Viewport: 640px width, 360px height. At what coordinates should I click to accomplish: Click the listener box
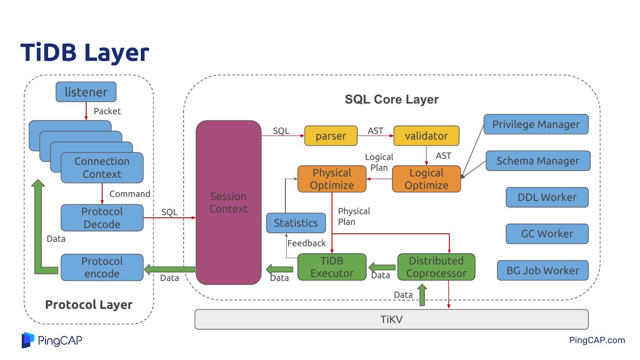[86, 92]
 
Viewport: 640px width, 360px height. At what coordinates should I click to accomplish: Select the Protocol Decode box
[102, 218]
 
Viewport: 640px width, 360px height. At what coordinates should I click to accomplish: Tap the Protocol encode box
[102, 268]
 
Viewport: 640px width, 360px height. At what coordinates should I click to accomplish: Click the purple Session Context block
[228, 203]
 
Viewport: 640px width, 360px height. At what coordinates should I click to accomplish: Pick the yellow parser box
[331, 136]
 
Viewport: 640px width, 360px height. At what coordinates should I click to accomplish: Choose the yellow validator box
[426, 136]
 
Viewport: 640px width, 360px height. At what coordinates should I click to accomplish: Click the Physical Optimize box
[332, 179]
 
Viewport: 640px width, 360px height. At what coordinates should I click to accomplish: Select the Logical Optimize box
[426, 179]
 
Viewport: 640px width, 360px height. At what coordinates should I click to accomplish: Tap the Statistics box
[296, 223]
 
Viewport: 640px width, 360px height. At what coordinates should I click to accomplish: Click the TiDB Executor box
[332, 267]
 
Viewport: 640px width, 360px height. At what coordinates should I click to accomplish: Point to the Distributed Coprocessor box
[436, 267]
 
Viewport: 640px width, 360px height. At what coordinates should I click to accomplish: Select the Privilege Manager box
[536, 124]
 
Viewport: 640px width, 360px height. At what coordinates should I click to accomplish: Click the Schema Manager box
[538, 161]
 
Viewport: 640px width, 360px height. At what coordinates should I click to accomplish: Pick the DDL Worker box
[547, 197]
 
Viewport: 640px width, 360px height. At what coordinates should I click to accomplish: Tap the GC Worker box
[547, 234]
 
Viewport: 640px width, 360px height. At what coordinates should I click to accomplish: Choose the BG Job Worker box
[543, 270]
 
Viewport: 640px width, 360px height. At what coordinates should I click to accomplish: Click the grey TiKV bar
[391, 320]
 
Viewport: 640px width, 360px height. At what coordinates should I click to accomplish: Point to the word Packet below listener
[107, 111]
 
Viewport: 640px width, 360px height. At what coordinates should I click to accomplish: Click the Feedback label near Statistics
[306, 243]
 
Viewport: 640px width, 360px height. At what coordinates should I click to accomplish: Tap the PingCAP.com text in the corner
[597, 340]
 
